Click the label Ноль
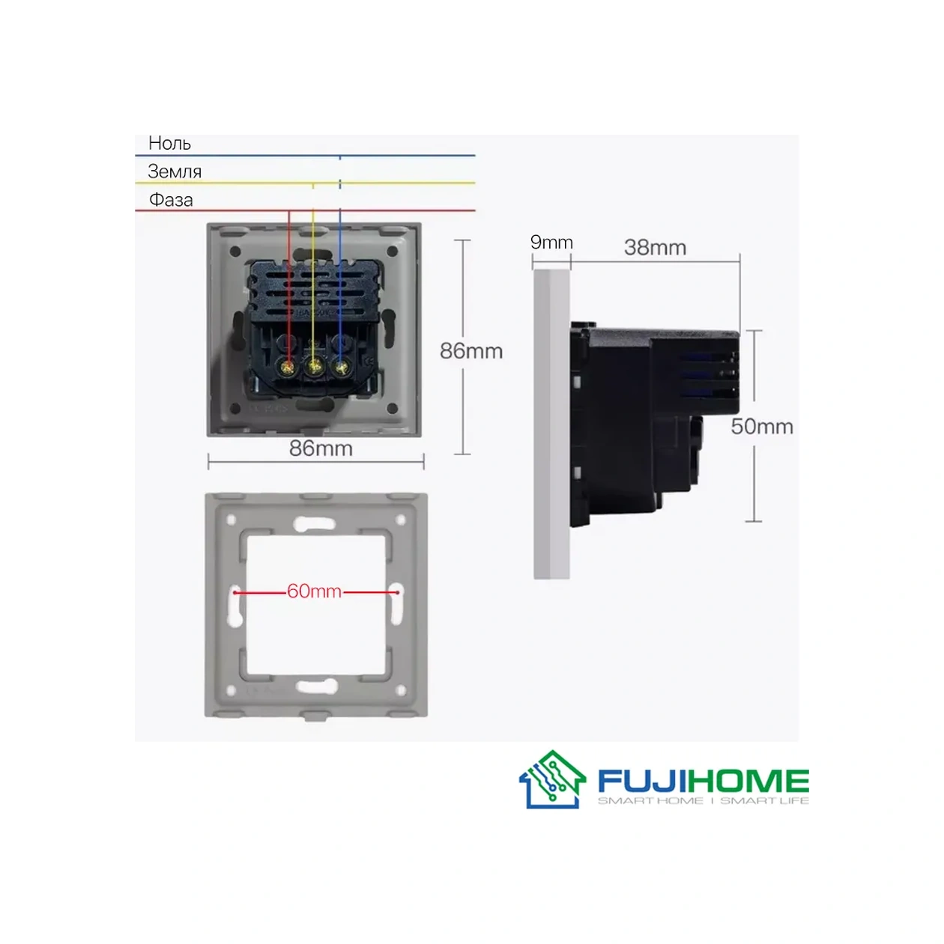[169, 143]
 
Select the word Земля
[175, 171]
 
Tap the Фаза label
[171, 200]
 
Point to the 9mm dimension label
[551, 242]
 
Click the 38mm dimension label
[655, 247]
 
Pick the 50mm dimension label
[762, 426]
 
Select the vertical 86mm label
[471, 350]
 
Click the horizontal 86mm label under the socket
[321, 448]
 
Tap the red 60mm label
[315, 591]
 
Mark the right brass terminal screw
[342, 367]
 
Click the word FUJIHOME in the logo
[703, 782]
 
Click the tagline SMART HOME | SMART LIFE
[703, 801]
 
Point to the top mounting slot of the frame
[315, 523]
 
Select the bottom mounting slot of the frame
[316, 686]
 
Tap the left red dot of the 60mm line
[235, 592]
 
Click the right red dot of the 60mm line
[397, 592]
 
